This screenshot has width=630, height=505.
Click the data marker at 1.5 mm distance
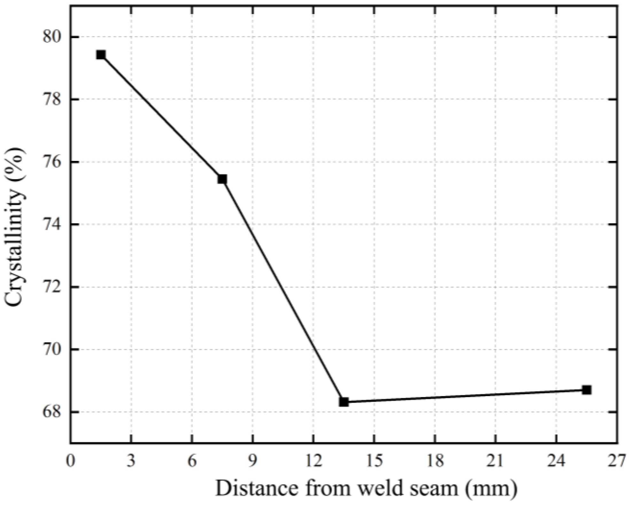click(x=101, y=55)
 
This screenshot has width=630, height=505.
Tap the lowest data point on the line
click(x=344, y=402)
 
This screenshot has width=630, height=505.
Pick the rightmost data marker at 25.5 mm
click(x=587, y=390)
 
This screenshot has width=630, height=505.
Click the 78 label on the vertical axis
click(x=51, y=99)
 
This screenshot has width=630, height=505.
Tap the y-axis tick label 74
click(x=51, y=225)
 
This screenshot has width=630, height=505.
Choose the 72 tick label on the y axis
click(x=51, y=287)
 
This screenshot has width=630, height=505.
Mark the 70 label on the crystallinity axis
click(x=51, y=350)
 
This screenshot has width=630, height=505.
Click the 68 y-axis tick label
click(x=51, y=412)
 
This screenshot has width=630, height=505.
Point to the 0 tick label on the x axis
click(x=70, y=462)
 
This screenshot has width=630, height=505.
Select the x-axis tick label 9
click(x=253, y=462)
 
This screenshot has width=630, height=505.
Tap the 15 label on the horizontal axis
click(x=374, y=462)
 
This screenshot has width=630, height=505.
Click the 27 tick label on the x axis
click(x=617, y=462)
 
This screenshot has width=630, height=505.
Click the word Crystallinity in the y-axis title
click(x=14, y=248)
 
